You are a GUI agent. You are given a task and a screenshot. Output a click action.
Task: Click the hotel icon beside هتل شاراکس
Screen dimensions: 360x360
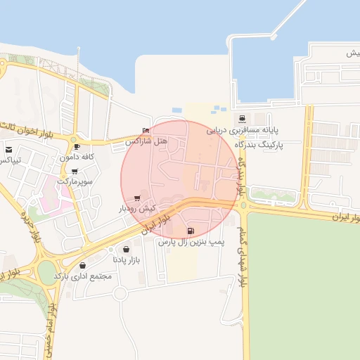pyautogui.click(x=146, y=131)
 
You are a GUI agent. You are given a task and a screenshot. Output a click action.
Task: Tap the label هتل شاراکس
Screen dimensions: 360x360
pyautogui.click(x=146, y=141)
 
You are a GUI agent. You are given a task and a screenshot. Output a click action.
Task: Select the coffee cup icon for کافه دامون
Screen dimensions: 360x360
pyautogui.click(x=77, y=147)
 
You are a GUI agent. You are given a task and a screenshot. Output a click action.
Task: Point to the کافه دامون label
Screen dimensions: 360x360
pyautogui.click(x=77, y=157)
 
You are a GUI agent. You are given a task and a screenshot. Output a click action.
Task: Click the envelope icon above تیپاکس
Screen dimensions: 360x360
pyautogui.click(x=9, y=150)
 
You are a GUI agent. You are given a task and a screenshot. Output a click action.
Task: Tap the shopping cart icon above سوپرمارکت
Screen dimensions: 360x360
pyautogui.click(x=75, y=171)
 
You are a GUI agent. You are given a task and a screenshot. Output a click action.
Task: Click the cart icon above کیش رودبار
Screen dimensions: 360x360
pyautogui.click(x=136, y=198)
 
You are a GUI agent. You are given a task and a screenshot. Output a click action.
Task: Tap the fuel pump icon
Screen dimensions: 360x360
pyautogui.click(x=190, y=231)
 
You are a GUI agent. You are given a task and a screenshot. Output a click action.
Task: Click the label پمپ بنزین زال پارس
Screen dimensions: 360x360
pyautogui.click(x=190, y=242)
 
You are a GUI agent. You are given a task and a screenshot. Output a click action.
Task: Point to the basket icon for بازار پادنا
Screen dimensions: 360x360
pyautogui.click(x=126, y=249)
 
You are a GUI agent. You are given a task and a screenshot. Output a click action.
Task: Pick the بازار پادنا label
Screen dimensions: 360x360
pyautogui.click(x=127, y=259)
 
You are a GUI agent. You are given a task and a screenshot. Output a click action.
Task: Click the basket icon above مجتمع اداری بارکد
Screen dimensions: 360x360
pyautogui.click(x=84, y=266)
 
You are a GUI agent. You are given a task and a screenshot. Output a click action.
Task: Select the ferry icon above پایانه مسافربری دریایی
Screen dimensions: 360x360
pyautogui.click(x=242, y=120)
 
